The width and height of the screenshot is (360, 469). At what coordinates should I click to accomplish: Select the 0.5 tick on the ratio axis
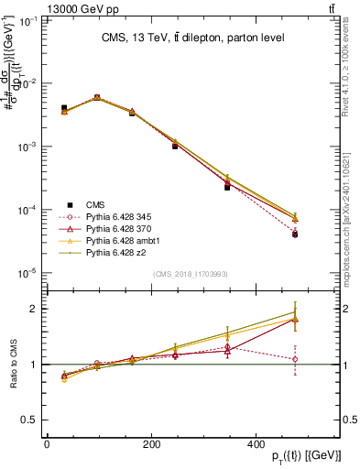pyautogui.click(x=28, y=420)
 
